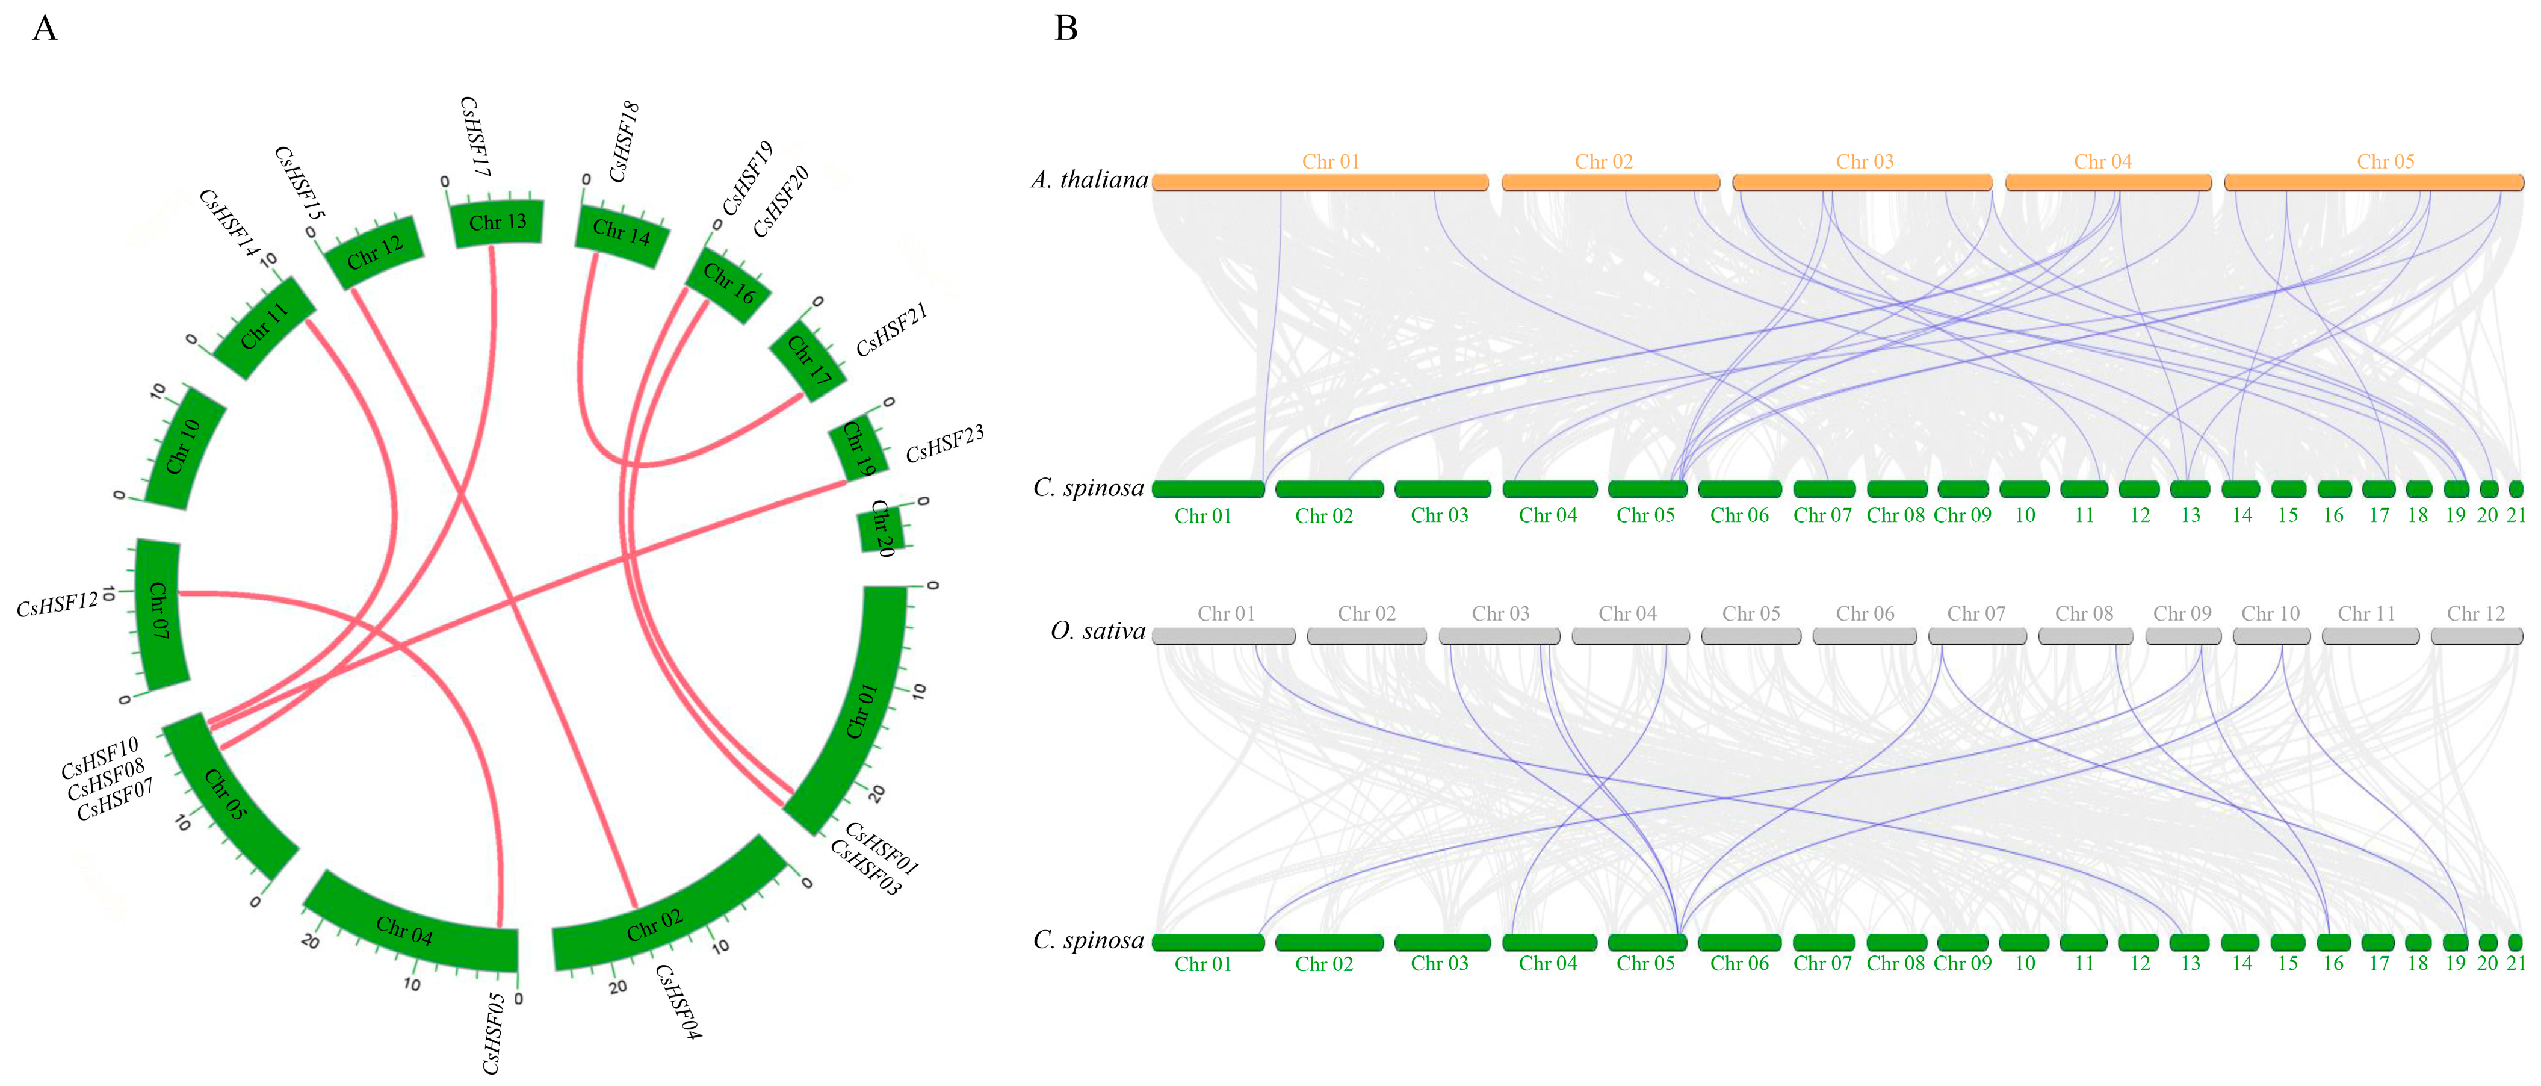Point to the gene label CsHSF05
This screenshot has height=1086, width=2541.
coord(493,1033)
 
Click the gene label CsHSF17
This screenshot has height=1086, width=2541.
coord(474,136)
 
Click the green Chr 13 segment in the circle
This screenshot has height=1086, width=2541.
coord(497,223)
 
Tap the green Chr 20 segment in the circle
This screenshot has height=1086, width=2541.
coord(881,528)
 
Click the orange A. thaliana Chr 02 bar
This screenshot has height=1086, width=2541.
coord(1610,182)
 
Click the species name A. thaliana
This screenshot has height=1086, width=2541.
coord(1089,179)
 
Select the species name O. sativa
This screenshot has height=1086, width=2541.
coord(1097,631)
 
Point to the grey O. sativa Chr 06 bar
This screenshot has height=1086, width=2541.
coord(1865,636)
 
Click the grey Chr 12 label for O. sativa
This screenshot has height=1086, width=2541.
coord(2475,613)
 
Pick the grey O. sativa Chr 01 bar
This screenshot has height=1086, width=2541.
coord(1223,636)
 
